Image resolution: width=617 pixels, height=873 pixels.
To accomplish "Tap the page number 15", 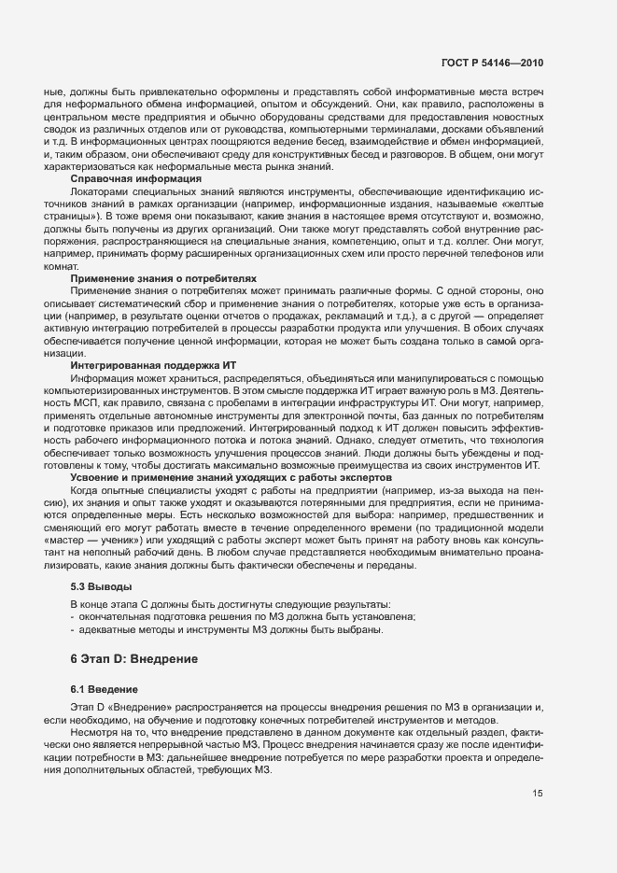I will tap(538, 794).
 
